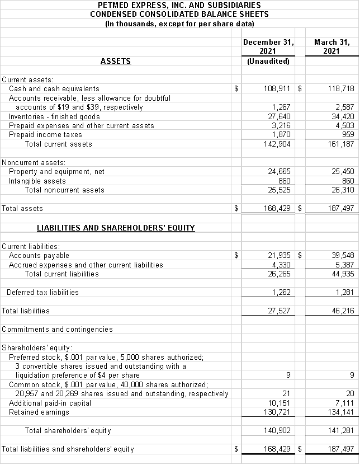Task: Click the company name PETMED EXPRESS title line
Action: point(179,4)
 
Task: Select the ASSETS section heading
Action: point(116,61)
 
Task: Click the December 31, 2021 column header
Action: point(269,46)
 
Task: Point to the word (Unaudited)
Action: point(268,61)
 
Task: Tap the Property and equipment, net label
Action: point(56,172)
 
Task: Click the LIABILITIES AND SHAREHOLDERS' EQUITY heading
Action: point(116,228)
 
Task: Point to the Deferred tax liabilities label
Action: point(42,292)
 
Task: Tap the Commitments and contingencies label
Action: point(57,329)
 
